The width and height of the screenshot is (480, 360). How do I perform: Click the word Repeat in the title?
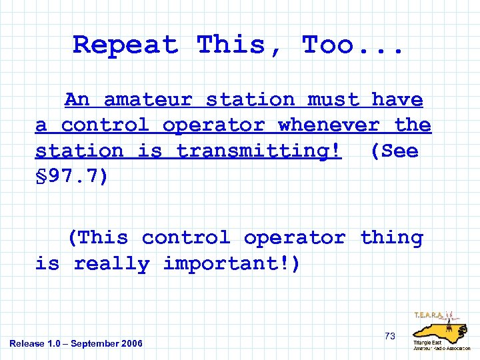(x=125, y=45)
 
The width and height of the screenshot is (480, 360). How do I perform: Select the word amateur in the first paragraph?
(x=147, y=100)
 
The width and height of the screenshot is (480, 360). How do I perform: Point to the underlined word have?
(x=397, y=100)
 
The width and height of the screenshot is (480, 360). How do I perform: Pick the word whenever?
(x=328, y=125)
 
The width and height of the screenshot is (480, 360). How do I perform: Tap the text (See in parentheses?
(x=394, y=151)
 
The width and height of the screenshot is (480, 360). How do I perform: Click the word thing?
(x=391, y=238)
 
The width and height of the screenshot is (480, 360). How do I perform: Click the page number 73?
(x=390, y=336)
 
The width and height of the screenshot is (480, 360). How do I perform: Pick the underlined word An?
(x=77, y=100)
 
